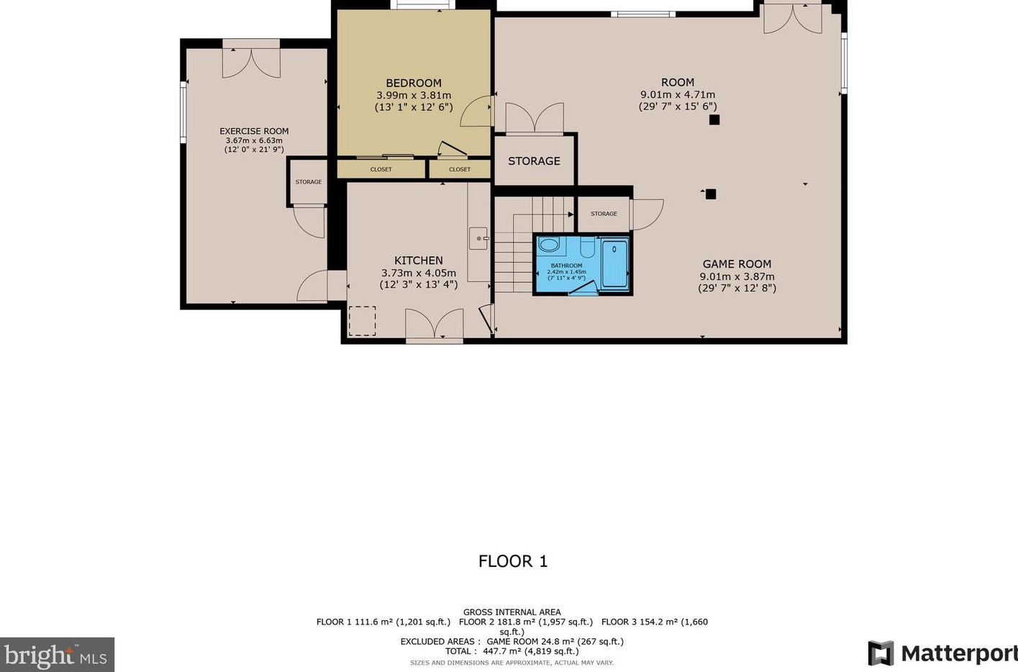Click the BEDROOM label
pos(414,83)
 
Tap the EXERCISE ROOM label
pos(254,132)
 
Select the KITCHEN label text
pos(418,260)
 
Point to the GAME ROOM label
pos(737,264)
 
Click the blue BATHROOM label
pos(566,265)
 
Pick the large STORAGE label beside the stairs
pos(534,161)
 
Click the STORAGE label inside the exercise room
pos(309,182)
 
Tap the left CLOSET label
pos(381,170)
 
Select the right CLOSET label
pos(460,170)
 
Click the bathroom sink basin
pos(549,245)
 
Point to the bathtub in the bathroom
pos(614,264)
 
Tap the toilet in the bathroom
pos(588,246)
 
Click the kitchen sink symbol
pos(478,238)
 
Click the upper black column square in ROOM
pos(714,120)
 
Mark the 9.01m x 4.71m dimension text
pos(678,94)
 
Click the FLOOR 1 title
pos(513,561)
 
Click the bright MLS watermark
pos(56,655)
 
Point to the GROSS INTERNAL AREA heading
pos(512,612)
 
